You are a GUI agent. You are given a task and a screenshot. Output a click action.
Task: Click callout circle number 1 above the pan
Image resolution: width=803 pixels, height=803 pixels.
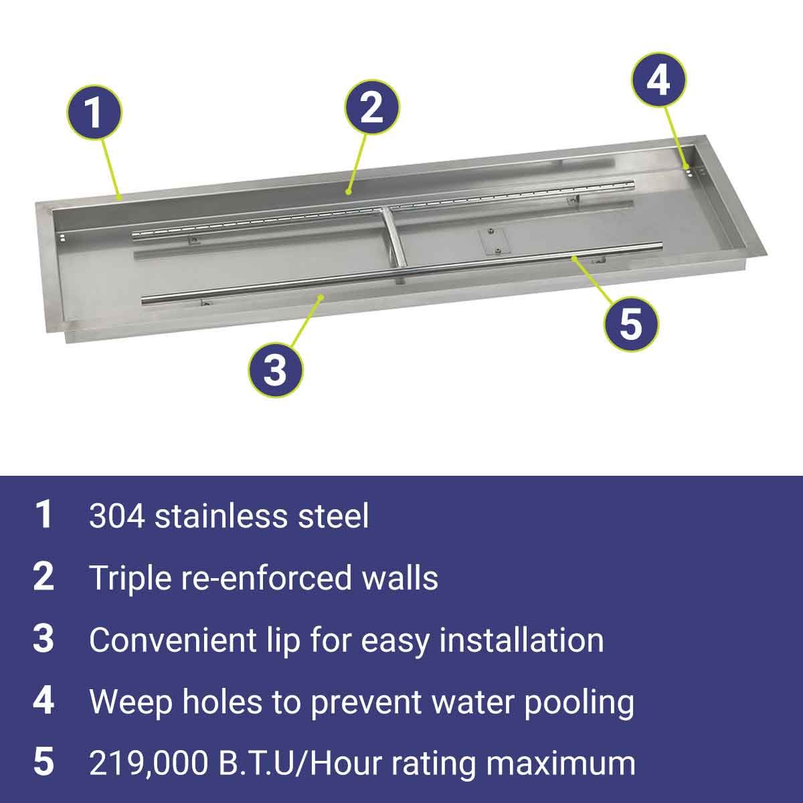tap(94, 112)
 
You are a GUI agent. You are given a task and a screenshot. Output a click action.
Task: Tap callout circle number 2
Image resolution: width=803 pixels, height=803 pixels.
tap(371, 107)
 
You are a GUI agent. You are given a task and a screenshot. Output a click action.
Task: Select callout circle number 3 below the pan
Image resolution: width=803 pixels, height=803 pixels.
tap(276, 369)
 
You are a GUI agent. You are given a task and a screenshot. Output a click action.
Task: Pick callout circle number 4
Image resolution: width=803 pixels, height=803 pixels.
tap(658, 80)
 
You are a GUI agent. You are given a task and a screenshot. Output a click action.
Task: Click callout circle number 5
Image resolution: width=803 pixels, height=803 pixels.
tap(631, 323)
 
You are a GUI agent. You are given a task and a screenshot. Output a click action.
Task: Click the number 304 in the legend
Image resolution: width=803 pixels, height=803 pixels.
tap(117, 516)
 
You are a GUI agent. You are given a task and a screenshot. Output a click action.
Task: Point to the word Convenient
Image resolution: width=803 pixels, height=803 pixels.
tap(173, 640)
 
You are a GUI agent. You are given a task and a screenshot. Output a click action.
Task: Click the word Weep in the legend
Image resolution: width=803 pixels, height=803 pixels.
tap(131, 703)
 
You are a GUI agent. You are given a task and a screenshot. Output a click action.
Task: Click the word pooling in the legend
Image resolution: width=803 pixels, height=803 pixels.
tap(579, 703)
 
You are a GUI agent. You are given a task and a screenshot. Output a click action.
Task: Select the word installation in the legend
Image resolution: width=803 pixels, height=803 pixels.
tap(522, 640)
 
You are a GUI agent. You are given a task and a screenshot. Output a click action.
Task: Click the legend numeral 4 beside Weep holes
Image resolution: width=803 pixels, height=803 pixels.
tap(43, 702)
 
